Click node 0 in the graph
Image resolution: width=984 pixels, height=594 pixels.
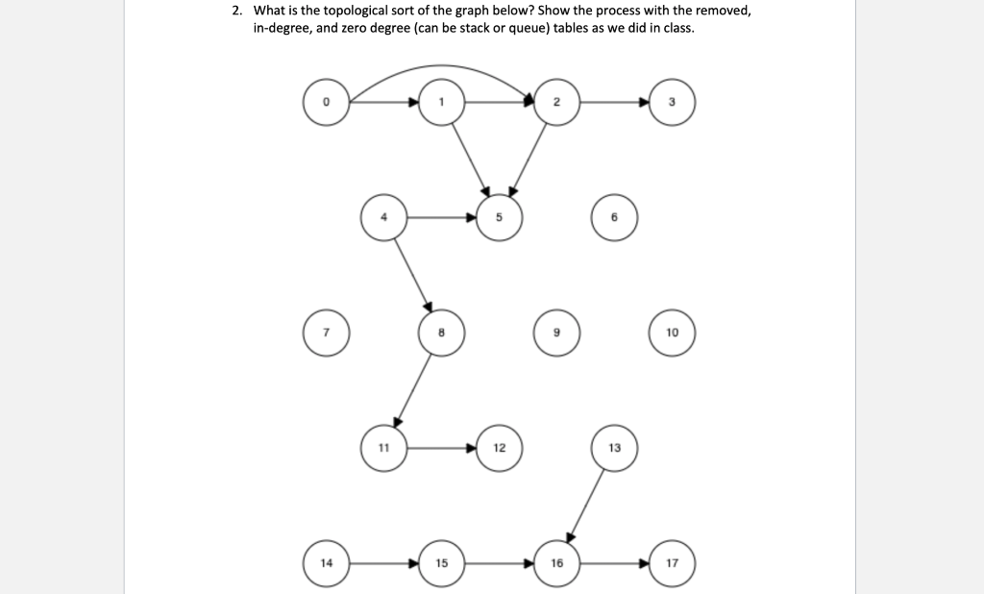pos(327,102)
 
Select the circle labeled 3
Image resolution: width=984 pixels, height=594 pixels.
pos(672,102)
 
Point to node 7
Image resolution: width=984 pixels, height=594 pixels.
pos(327,333)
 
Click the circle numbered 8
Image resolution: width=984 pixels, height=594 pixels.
pos(441,333)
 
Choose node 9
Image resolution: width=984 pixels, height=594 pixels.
pos(556,333)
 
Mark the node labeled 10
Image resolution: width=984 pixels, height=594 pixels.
pos(672,333)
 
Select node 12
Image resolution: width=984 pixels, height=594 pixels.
pos(499,448)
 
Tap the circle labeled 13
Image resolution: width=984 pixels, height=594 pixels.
pos(614,448)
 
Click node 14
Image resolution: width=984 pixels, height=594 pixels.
pos(327,562)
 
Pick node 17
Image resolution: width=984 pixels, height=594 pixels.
pos(672,562)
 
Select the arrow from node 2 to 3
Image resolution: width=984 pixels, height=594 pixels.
pos(615,102)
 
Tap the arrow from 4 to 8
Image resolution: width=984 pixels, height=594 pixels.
pos(413,275)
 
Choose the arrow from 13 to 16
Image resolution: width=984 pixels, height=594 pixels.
pos(586,505)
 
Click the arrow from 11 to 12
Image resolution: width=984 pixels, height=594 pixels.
pos(441,448)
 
